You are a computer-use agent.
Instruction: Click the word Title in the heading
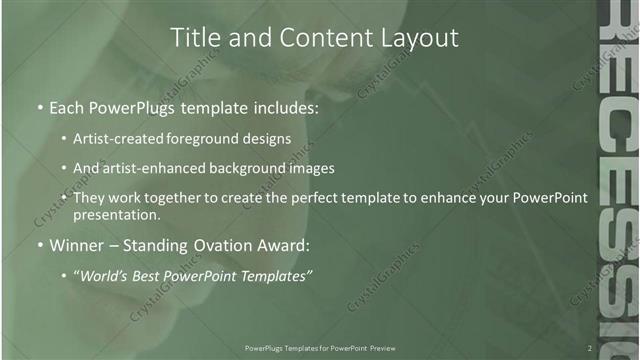pos(196,38)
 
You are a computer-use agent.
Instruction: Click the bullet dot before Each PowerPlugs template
pos(39,108)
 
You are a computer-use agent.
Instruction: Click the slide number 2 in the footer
pos(590,348)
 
